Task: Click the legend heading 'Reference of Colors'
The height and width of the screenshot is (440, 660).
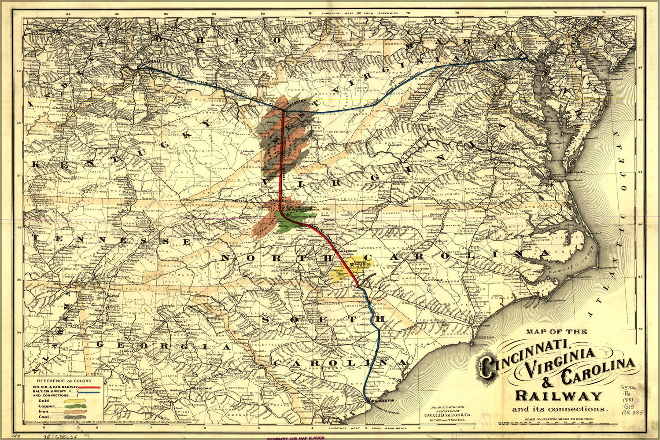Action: point(64,381)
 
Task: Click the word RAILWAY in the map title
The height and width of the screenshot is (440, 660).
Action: point(558,396)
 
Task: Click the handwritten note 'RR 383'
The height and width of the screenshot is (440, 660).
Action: point(632,412)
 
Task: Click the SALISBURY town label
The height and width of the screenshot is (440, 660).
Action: point(347,250)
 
